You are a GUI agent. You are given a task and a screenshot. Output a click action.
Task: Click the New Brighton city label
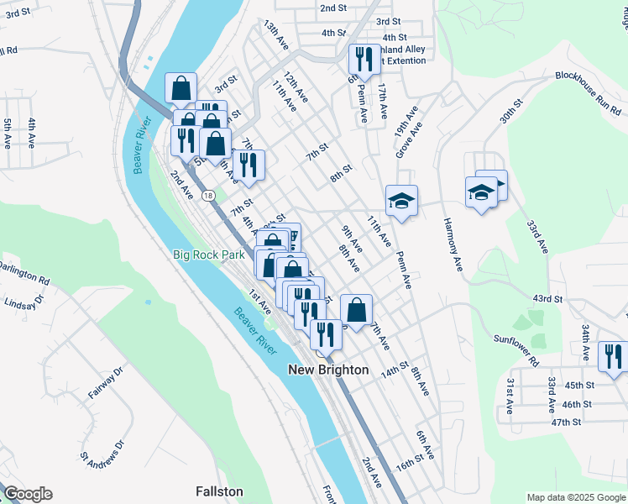pyautogui.click(x=328, y=370)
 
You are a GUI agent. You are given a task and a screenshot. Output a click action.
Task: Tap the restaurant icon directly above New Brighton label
pyautogui.click(x=324, y=333)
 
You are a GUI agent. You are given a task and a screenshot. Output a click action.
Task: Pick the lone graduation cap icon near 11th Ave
pyautogui.click(x=401, y=201)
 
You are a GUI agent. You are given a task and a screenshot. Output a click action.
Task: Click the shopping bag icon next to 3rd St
pyautogui.click(x=181, y=87)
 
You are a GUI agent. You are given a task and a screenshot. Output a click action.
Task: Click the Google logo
pyautogui.click(x=27, y=494)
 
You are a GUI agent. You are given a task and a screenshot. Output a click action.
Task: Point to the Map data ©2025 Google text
pyautogui.click(x=575, y=496)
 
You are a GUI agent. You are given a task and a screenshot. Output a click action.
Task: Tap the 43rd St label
pyautogui.click(x=547, y=299)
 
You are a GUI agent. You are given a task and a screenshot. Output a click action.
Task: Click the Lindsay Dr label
pyautogui.click(x=24, y=304)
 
